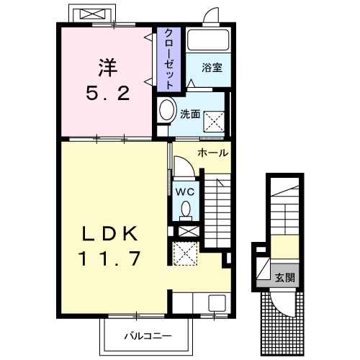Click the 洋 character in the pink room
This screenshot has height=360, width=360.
tap(106, 68)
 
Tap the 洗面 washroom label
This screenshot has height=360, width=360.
tap(190, 113)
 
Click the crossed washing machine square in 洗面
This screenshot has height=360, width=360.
tap(214, 120)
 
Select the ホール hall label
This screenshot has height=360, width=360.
tap(212, 153)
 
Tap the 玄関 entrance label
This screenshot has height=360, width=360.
tap(284, 277)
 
